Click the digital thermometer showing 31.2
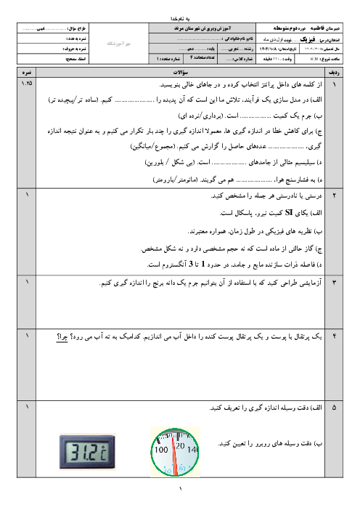click(88, 452)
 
